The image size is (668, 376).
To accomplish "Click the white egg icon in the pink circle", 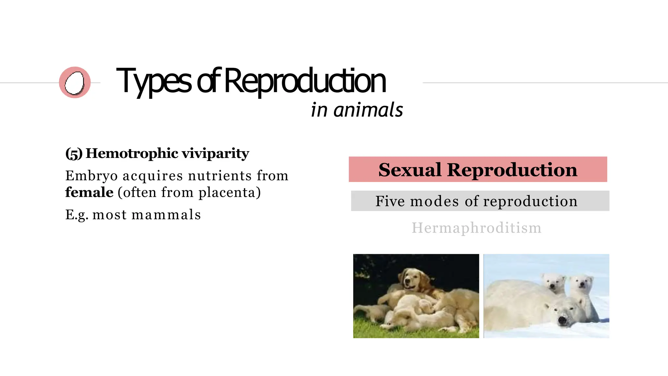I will click(x=74, y=83).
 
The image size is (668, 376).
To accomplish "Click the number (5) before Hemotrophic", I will click(x=74, y=153).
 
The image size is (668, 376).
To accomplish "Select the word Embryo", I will click(x=91, y=176).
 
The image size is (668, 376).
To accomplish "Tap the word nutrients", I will click(x=220, y=176).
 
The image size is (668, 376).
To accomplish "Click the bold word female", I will click(x=89, y=192).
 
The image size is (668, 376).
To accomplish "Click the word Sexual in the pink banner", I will click(x=410, y=170).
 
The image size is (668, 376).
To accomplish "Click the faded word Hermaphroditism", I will click(x=477, y=228).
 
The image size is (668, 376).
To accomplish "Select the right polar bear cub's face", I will click(x=581, y=283).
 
